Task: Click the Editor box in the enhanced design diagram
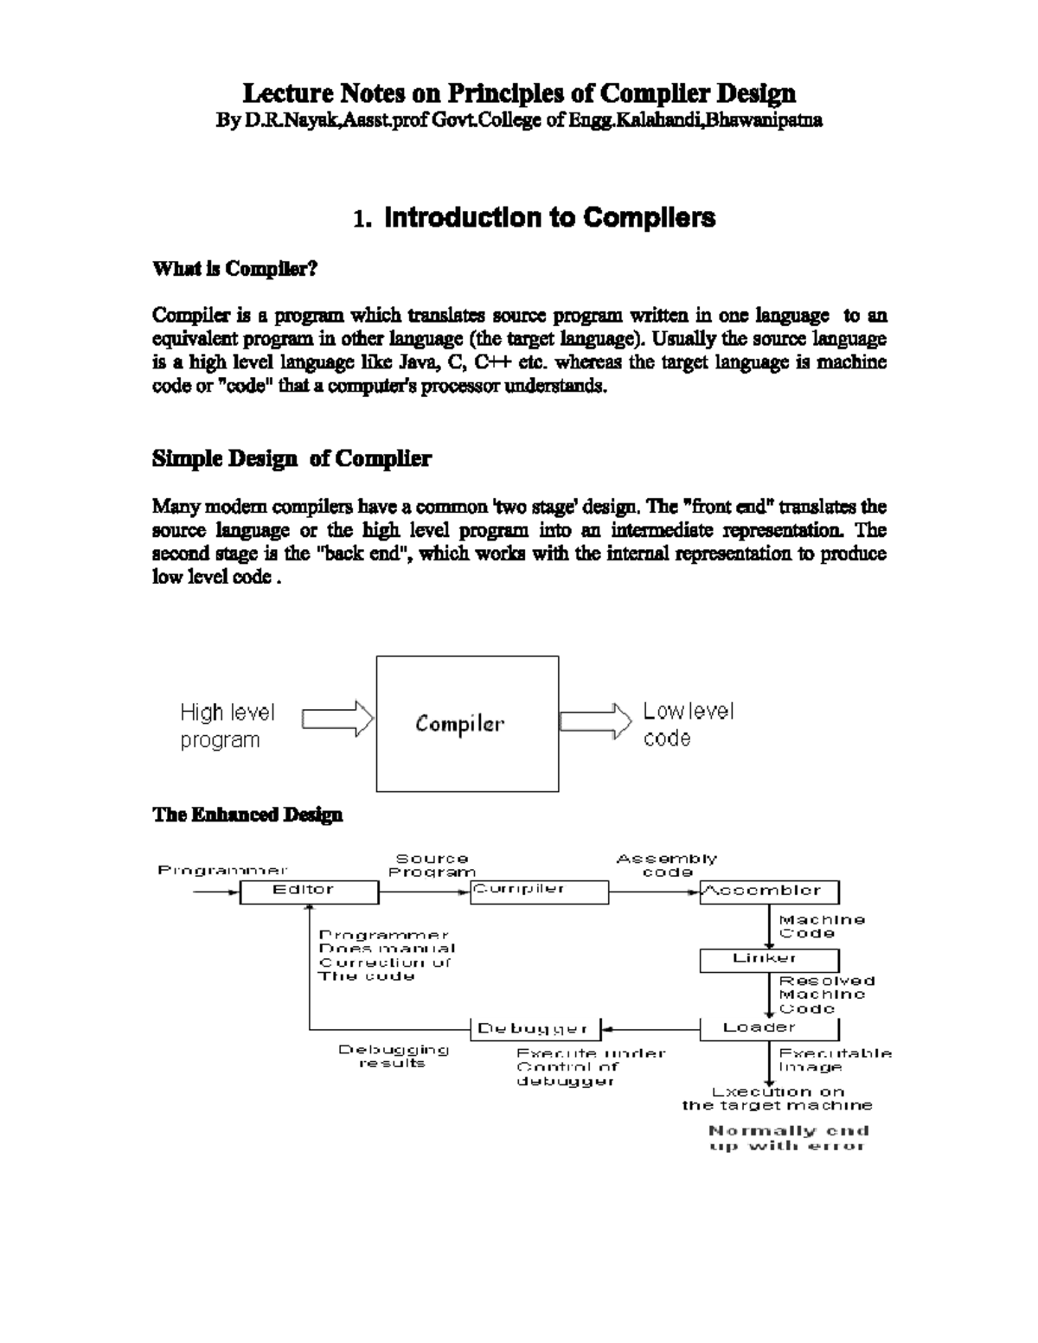[309, 892]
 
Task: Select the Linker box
[769, 960]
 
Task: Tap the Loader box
[769, 1028]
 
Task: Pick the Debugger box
[534, 1029]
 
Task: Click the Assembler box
[769, 892]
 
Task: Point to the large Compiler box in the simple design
[467, 724]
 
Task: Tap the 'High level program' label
[227, 726]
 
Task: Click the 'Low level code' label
[688, 724]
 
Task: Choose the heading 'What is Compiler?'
[235, 269]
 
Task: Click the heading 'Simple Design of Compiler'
[292, 458]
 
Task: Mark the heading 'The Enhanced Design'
[247, 815]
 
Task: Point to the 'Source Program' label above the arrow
[432, 865]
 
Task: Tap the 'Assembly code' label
[667, 865]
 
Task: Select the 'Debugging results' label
[394, 1056]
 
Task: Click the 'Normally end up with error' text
[788, 1138]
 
